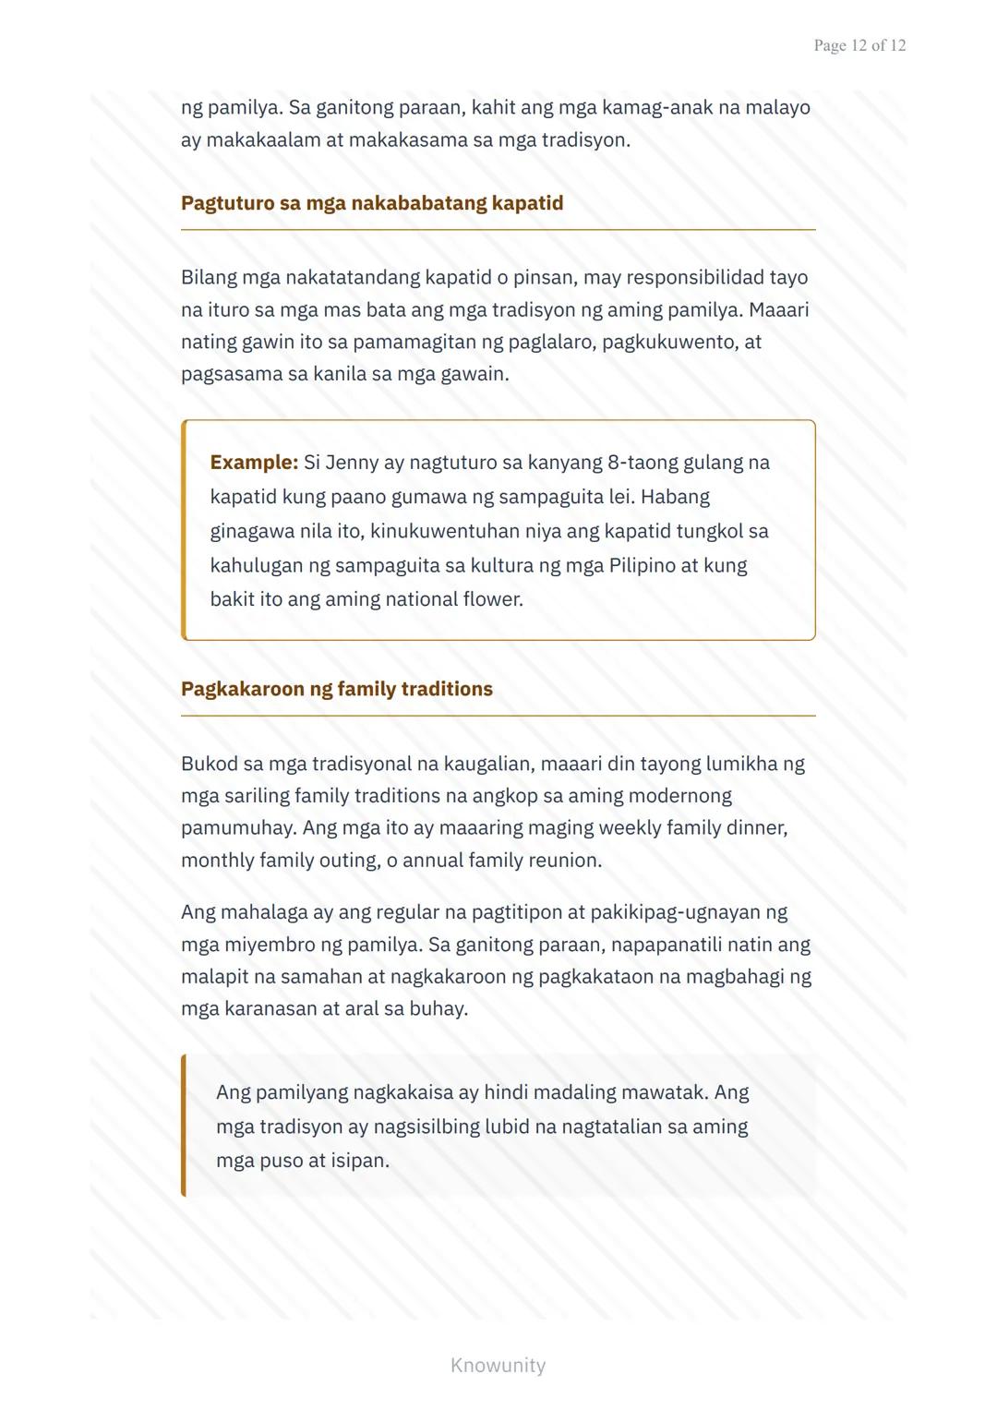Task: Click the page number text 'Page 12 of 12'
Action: point(859,45)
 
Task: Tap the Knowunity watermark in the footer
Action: point(498,1365)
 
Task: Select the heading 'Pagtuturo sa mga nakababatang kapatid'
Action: point(372,203)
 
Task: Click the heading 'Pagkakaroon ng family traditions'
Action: point(337,689)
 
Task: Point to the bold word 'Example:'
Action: point(254,463)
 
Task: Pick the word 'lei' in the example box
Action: point(621,497)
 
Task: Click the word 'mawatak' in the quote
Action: point(664,1092)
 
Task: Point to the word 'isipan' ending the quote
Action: point(360,1161)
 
